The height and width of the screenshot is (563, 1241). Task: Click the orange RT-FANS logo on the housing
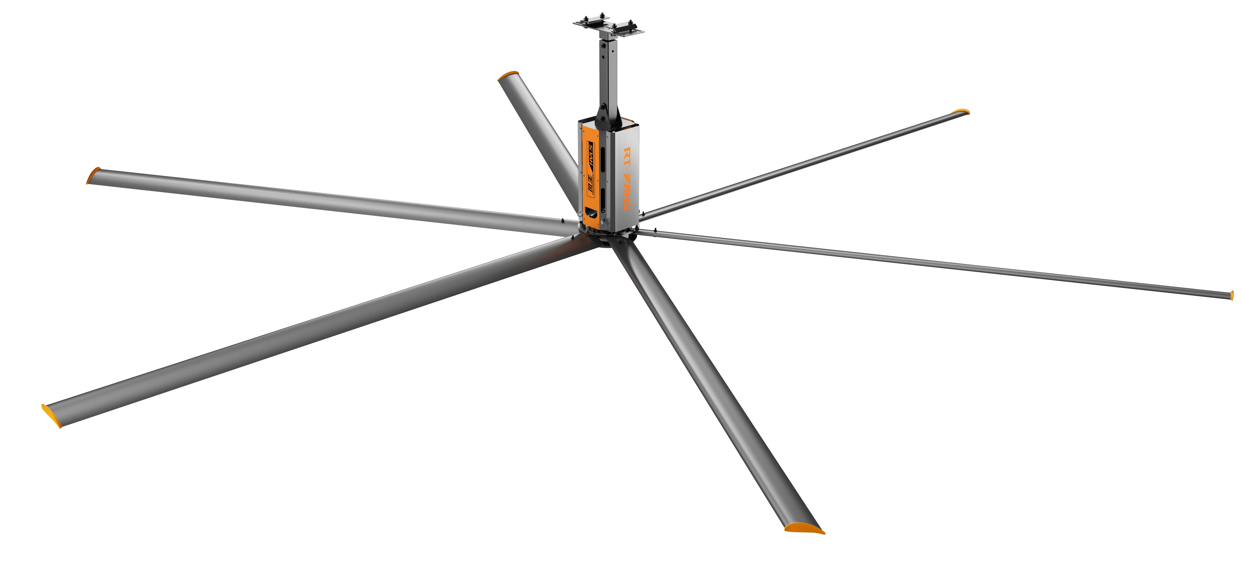[628, 178]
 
